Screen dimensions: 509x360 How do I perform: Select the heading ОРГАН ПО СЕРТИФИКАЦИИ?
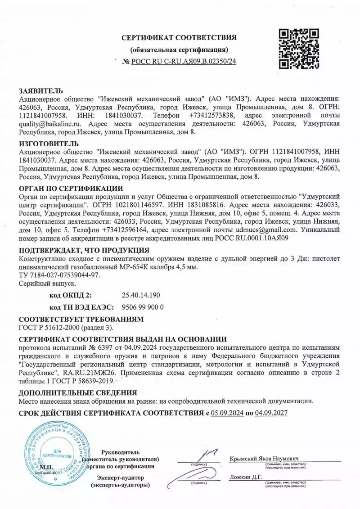point(70,188)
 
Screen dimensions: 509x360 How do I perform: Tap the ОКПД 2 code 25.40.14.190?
point(141,295)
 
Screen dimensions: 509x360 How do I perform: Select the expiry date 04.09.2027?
point(271,413)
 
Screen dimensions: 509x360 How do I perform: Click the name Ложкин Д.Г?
point(246,477)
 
